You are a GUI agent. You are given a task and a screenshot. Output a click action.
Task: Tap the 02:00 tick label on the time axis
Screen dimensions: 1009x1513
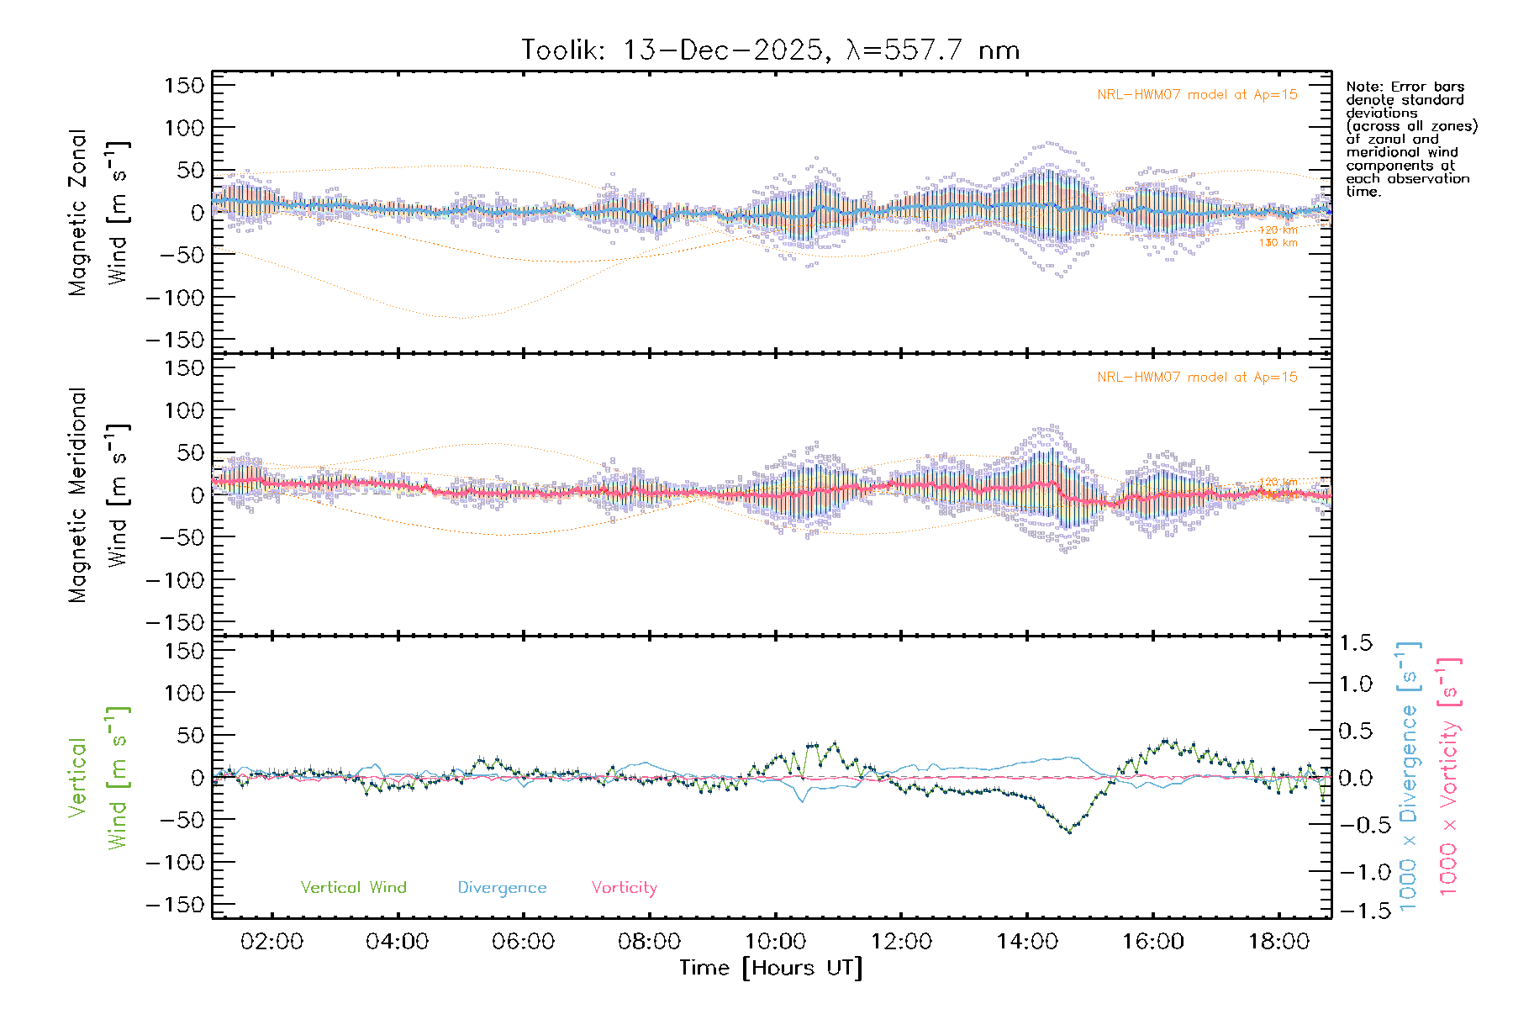tap(271, 942)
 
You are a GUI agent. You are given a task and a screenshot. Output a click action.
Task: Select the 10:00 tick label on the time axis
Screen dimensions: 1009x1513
tap(775, 942)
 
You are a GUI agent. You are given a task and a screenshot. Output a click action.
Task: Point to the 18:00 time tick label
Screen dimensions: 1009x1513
tap(1278, 942)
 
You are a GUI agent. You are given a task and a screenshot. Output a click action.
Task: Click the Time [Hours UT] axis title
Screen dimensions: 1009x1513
tap(771, 968)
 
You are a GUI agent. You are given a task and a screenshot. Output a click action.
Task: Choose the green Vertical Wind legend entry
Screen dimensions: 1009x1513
tap(353, 888)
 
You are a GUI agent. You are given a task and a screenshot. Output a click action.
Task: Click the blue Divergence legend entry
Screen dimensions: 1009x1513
tap(502, 888)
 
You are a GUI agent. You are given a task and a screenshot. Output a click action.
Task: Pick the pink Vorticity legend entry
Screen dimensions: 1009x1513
tap(624, 888)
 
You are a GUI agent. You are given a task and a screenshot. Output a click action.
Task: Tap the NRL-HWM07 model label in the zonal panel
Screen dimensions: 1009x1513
tap(1197, 95)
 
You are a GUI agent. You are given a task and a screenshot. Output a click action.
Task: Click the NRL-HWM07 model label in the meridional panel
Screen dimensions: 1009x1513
tap(1197, 378)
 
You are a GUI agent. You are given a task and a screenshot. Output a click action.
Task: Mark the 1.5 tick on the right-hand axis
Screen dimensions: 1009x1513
tap(1355, 643)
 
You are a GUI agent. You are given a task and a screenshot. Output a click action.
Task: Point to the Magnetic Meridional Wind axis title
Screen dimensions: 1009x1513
tap(98, 495)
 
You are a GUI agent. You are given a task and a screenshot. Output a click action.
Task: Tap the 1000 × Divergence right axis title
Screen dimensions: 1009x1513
tap(1409, 775)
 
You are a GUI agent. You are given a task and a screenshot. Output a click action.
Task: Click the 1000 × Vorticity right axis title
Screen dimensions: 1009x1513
tap(1449, 775)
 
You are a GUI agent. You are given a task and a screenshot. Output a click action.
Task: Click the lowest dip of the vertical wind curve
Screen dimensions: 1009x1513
tap(1069, 832)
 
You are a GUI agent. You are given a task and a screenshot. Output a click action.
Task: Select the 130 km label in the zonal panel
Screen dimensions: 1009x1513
tap(1278, 243)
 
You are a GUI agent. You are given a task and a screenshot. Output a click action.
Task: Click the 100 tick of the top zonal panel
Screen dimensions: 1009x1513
tap(184, 128)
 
